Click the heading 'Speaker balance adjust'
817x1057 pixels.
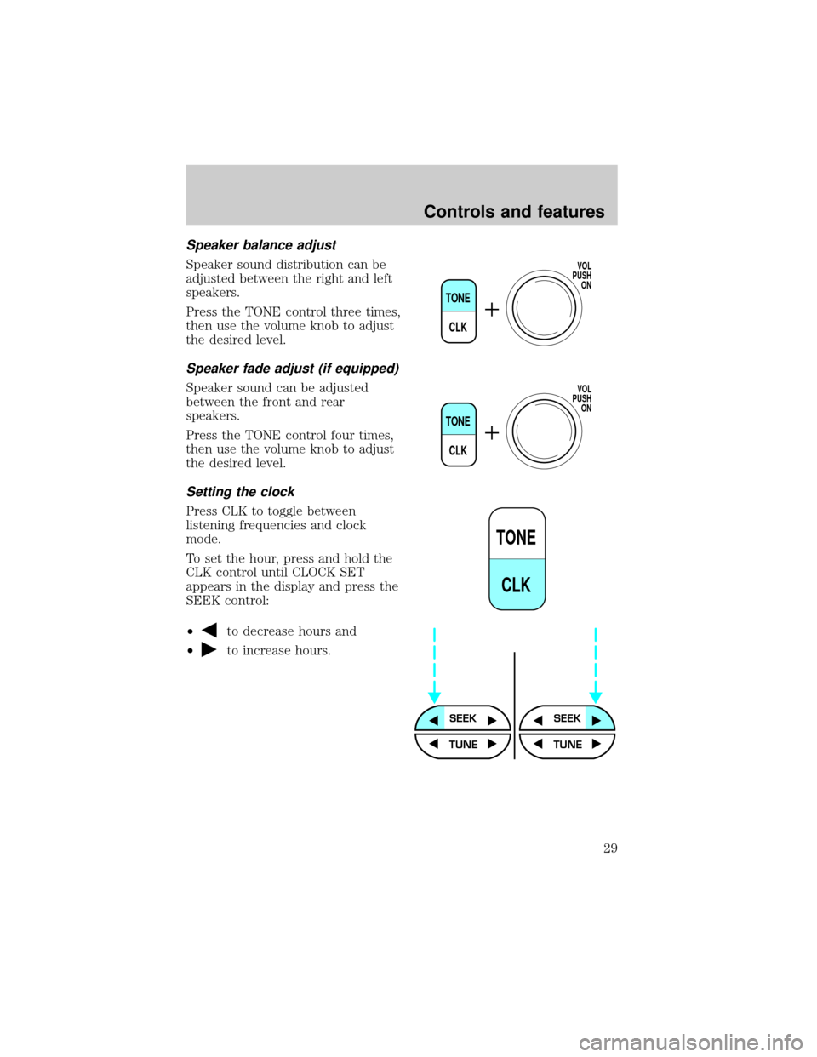tap(261, 245)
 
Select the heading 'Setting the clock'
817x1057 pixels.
tap(240, 492)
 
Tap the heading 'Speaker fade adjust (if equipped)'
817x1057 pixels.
tap(293, 369)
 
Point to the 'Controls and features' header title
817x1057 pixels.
tap(514, 212)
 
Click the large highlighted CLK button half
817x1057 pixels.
tap(517, 585)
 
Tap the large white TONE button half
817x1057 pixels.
tap(517, 534)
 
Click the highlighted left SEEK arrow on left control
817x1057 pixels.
tap(434, 720)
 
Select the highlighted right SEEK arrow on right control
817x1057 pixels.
tap(597, 720)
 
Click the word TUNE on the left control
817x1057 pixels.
tap(463, 745)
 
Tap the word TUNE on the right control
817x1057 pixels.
tap(568, 745)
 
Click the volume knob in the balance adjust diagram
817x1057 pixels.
tap(544, 308)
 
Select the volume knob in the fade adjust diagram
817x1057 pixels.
tap(544, 431)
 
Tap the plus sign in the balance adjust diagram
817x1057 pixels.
tap(492, 310)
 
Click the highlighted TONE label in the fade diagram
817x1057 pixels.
tap(458, 421)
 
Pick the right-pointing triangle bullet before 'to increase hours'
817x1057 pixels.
tap(209, 650)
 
